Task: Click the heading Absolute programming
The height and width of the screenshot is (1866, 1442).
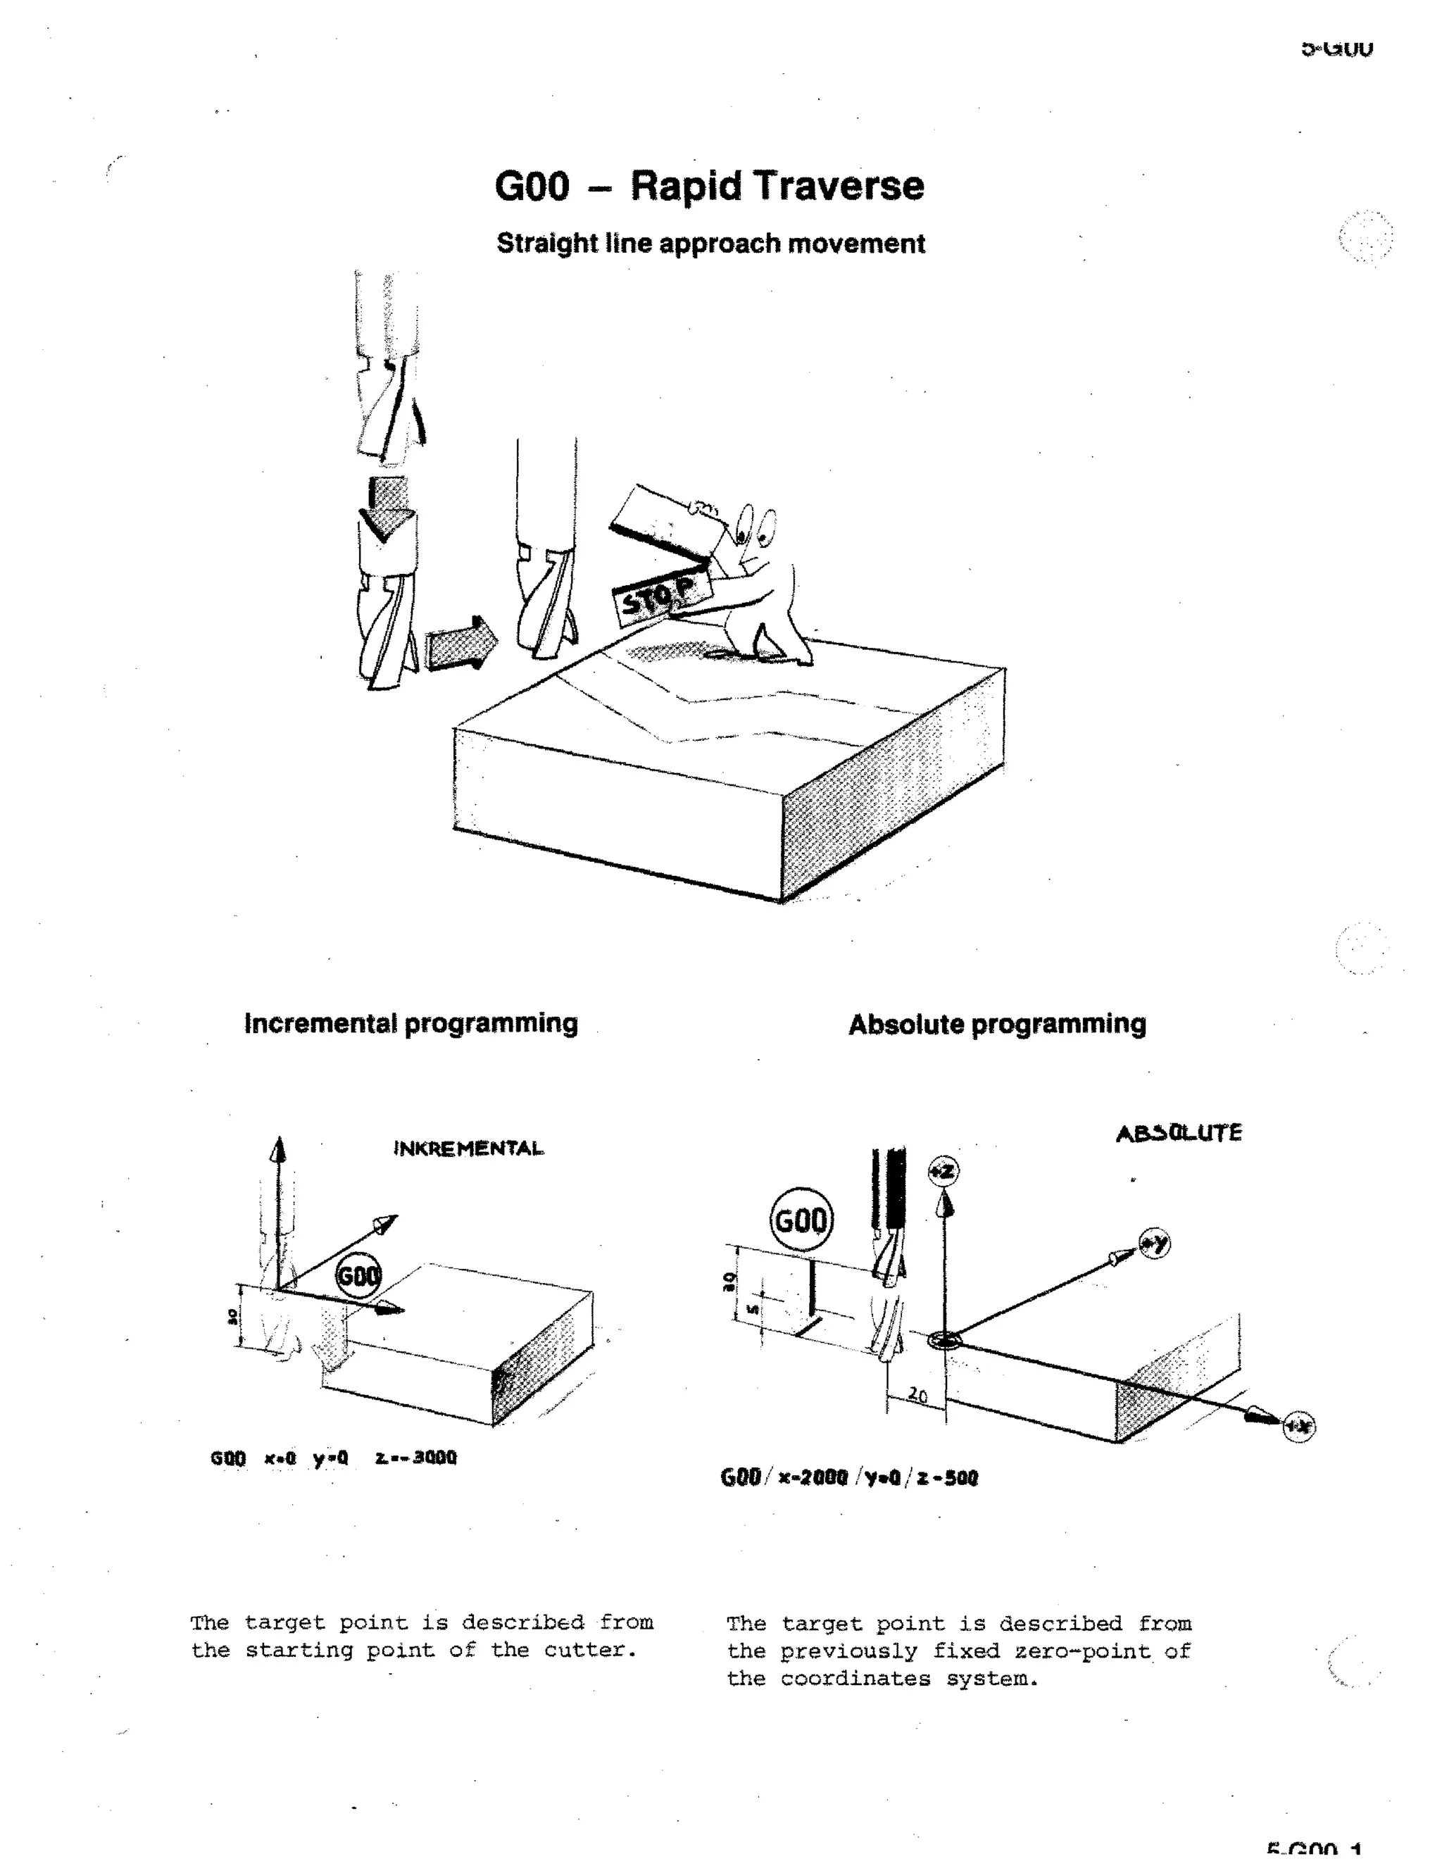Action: click(x=997, y=1024)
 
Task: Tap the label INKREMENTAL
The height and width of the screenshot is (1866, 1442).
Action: click(x=468, y=1148)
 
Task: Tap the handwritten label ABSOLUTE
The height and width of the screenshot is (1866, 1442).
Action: click(x=1179, y=1133)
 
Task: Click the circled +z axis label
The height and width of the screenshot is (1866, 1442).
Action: click(x=943, y=1170)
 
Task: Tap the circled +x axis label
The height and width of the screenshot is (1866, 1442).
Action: click(x=1298, y=1425)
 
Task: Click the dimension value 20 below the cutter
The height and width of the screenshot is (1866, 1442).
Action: click(x=917, y=1394)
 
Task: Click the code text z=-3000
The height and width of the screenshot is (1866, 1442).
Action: click(x=415, y=1458)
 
